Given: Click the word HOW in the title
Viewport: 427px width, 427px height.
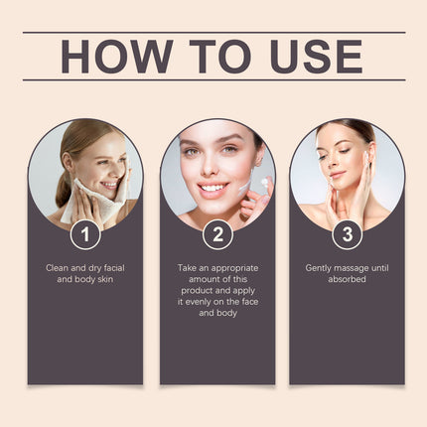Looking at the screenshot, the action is click(x=117, y=57).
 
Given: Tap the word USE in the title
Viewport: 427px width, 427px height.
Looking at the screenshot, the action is click(x=317, y=57).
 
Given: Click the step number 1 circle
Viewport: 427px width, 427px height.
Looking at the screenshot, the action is click(x=85, y=234).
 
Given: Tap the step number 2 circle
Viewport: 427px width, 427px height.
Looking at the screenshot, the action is click(x=217, y=234).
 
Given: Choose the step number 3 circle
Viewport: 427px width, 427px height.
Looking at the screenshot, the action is click(x=348, y=234).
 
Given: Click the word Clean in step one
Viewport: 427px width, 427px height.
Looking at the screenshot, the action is click(x=57, y=268).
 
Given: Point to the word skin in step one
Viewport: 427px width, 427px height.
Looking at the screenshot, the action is click(x=105, y=279).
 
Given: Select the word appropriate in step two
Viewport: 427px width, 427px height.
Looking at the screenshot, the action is click(x=234, y=268).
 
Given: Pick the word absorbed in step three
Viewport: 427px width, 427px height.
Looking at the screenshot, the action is click(x=347, y=279).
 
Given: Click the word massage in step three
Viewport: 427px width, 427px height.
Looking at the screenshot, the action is click(x=352, y=268).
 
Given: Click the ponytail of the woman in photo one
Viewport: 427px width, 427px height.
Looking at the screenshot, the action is click(x=63, y=190).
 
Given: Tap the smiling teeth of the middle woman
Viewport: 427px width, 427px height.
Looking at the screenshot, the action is click(x=213, y=188).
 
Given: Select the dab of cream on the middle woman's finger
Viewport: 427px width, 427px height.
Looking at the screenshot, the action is click(x=264, y=182).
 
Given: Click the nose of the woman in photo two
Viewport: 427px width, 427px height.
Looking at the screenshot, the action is click(x=209, y=167).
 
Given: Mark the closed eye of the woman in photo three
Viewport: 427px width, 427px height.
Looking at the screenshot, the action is click(x=345, y=151).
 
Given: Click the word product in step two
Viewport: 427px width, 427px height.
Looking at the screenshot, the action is click(x=197, y=291).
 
